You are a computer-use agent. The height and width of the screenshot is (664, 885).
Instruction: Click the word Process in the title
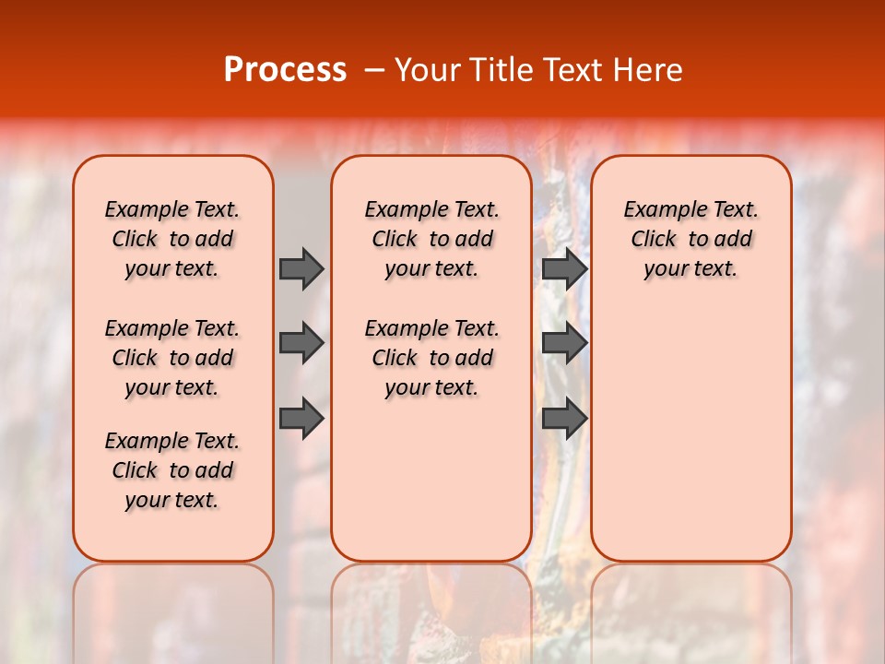coord(285,69)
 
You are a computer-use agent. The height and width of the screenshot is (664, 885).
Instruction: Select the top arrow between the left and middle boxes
coord(301,268)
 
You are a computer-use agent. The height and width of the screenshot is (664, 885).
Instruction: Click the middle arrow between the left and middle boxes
coord(301,343)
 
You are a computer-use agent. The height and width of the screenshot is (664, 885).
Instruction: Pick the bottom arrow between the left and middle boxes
coord(301,419)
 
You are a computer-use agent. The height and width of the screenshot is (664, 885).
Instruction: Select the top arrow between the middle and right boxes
coord(564,268)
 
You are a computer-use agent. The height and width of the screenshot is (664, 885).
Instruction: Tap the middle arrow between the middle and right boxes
coord(564,343)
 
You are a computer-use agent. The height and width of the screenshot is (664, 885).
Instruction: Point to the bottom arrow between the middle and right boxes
coord(564,419)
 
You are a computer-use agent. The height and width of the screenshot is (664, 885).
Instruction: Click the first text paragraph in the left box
coord(172,239)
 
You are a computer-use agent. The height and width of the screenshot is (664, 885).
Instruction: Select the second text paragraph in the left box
coord(172,358)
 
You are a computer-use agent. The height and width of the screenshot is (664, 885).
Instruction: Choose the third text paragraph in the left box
coord(172,470)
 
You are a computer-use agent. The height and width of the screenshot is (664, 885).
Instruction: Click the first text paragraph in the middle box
coord(432,239)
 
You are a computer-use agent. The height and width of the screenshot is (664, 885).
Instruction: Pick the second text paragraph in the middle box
coord(432,358)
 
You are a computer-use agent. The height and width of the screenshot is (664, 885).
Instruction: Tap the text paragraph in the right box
coord(691,239)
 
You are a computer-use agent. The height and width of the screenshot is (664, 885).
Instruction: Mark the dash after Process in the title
coord(374,70)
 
